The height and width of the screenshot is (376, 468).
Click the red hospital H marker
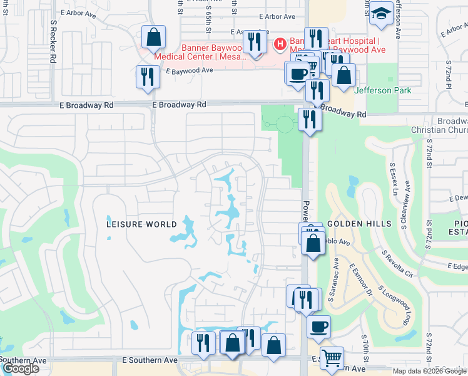(280, 44)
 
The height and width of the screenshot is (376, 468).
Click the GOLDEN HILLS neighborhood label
(359, 224)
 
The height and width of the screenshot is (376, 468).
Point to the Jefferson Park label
(382, 90)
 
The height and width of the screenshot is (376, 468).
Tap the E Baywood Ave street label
(190, 71)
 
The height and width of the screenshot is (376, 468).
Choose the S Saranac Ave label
(335, 276)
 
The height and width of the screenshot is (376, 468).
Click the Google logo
(21, 368)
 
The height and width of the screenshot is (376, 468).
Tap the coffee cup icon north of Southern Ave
(318, 326)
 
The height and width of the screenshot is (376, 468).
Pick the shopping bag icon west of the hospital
(153, 37)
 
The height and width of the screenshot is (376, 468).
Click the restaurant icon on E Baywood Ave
(147, 76)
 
